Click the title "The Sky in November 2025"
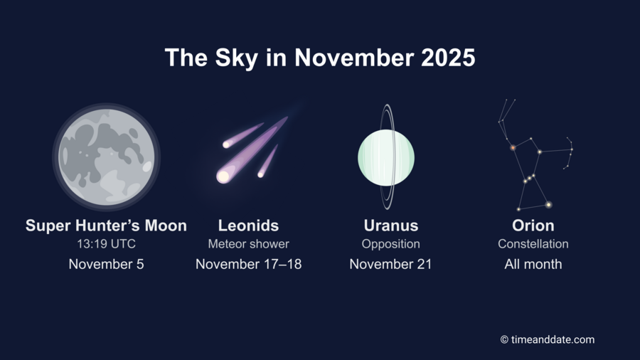(320, 57)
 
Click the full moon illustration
(106, 157)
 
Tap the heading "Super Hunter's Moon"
(106, 226)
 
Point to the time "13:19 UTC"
(106, 244)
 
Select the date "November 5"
(106, 264)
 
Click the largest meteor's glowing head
(224, 176)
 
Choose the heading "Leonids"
(248, 226)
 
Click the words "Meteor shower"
(248, 244)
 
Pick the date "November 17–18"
(248, 264)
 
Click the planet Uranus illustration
(385, 157)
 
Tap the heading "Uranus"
(390, 226)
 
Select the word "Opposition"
(390, 244)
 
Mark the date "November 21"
(390, 264)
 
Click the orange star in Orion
(513, 148)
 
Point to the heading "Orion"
(533, 226)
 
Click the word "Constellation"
(533, 244)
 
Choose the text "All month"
(533, 264)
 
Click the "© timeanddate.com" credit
(547, 339)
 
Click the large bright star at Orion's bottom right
(548, 205)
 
